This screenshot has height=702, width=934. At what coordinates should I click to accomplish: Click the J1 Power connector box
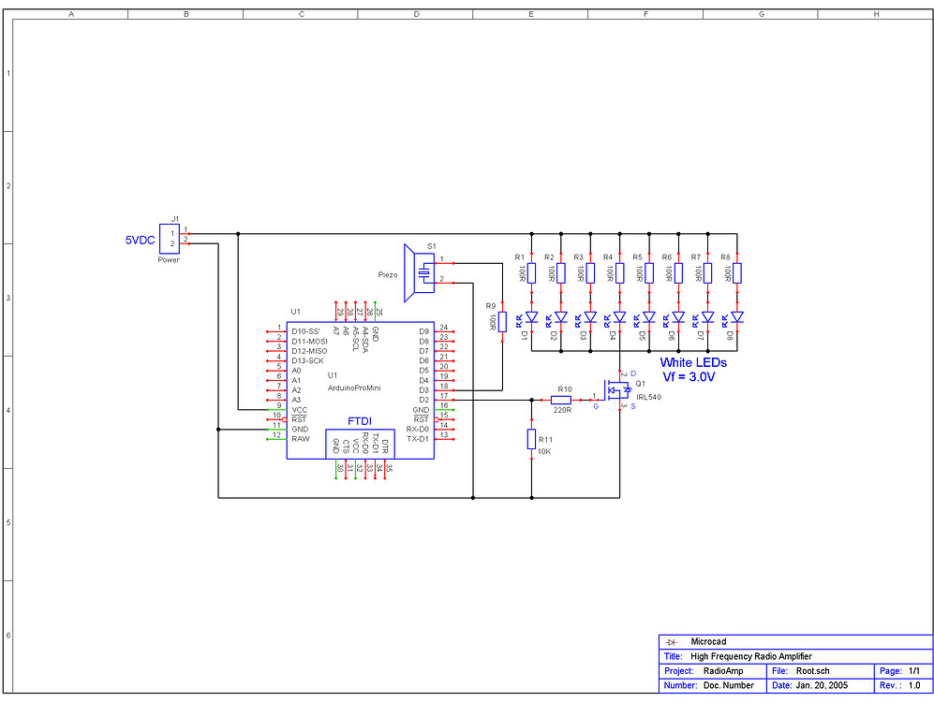[x=170, y=238]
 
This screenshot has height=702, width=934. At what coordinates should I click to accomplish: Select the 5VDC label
[x=141, y=241]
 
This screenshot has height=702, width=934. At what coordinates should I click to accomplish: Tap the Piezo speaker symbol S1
[x=419, y=272]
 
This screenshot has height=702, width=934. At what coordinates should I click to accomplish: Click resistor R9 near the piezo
[x=502, y=322]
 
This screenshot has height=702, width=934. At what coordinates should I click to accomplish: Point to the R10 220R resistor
[x=561, y=400]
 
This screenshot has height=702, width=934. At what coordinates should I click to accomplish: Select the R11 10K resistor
[x=531, y=440]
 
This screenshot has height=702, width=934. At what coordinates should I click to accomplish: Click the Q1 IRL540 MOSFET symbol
[x=617, y=392]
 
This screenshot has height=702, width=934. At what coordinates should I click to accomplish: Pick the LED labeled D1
[x=531, y=317]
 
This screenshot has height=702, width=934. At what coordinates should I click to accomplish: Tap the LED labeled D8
[x=737, y=317]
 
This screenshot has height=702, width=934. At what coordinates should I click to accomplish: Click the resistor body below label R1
[x=531, y=272]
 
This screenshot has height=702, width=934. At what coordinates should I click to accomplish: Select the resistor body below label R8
[x=737, y=272]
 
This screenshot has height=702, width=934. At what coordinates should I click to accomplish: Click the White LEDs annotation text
[x=692, y=362]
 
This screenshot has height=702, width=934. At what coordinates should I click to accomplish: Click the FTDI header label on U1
[x=361, y=421]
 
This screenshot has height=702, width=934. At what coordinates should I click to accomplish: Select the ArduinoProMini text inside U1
[x=353, y=388]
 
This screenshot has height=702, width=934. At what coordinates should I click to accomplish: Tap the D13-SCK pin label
[x=308, y=360]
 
